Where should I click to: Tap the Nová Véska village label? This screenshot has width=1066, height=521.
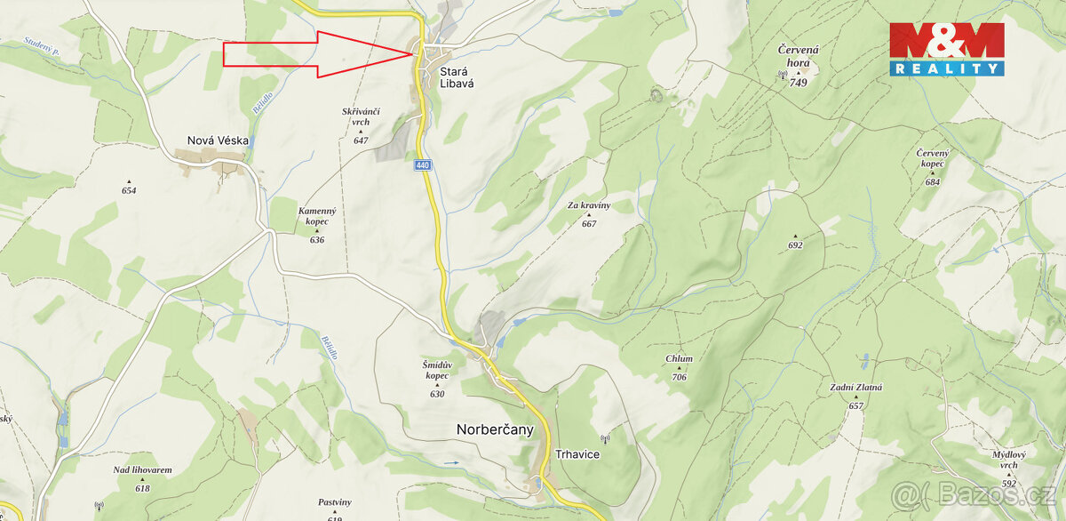(218, 140)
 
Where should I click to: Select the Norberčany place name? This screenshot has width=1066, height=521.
(495, 429)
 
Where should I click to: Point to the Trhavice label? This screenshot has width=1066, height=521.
(577, 454)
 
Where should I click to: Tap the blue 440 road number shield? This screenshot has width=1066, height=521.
(422, 165)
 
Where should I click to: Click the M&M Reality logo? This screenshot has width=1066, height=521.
(947, 49)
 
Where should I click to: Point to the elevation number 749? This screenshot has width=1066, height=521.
(798, 83)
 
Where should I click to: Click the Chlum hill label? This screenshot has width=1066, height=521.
(679, 359)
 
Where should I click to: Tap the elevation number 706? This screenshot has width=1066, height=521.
(679, 377)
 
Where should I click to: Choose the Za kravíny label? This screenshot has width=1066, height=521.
(589, 205)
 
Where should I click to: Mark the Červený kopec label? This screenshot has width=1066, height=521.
(932, 158)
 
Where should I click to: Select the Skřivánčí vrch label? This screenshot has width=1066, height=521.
(361, 116)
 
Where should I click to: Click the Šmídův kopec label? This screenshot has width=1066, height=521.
(437, 370)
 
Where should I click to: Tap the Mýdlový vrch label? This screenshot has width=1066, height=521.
(1008, 460)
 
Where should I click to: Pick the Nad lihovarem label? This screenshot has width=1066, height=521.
(142, 470)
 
